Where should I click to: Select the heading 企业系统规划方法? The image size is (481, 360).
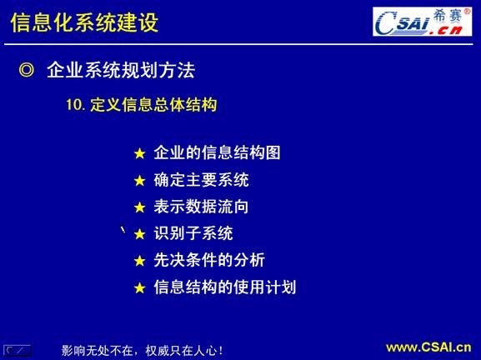121,71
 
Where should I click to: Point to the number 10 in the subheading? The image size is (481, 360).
73,106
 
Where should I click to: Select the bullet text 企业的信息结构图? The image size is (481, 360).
217,153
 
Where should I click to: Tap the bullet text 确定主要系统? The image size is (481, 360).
201,180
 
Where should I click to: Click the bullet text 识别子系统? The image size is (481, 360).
193,233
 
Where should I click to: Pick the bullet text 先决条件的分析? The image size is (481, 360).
209,260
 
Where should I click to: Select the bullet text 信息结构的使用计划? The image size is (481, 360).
225,287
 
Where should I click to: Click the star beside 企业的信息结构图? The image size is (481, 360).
139,154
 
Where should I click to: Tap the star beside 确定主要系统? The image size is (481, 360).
139,181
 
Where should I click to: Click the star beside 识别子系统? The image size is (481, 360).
139,234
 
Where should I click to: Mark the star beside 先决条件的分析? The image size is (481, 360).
139,261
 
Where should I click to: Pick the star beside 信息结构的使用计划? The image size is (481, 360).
139,288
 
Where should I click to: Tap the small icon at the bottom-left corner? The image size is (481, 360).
18,349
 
